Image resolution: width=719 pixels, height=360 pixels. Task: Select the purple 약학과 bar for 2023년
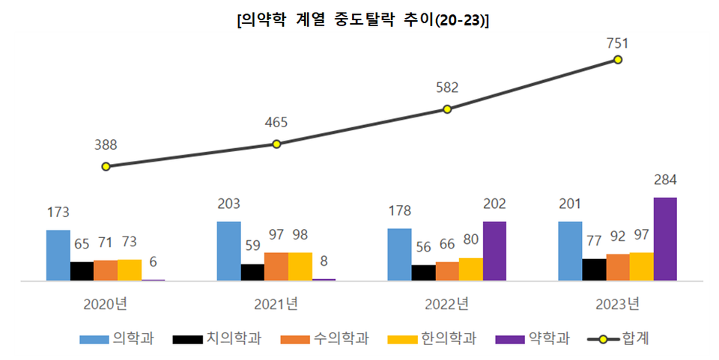[x=665, y=239]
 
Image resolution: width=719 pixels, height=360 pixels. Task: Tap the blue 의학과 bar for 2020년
[x=58, y=255]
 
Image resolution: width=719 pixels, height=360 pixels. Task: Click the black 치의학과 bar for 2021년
[x=252, y=272]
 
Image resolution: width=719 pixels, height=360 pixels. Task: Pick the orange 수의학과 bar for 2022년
[x=447, y=271]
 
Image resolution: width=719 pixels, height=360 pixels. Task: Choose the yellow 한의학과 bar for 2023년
[x=641, y=266]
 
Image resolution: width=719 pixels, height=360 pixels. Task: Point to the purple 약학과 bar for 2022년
[x=494, y=251]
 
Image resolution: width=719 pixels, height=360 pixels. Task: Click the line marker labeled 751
[x=618, y=59]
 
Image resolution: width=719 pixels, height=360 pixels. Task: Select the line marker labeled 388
[x=106, y=166]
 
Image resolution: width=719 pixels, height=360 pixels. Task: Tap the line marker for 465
[x=276, y=144]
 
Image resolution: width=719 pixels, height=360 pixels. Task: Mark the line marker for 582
[x=447, y=109]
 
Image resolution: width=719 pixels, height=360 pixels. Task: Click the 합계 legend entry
[x=619, y=339]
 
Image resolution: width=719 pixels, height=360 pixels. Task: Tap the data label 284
[x=665, y=180]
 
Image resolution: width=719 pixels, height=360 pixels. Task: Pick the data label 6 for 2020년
[x=153, y=262]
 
